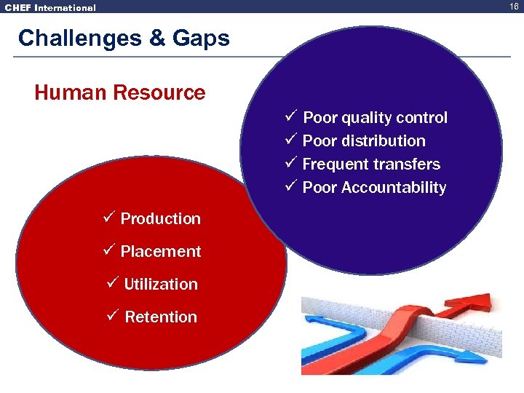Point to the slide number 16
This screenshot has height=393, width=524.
(514, 7)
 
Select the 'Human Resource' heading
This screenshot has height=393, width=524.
(120, 93)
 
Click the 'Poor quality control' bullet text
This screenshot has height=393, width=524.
(375, 118)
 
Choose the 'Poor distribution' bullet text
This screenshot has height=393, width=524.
(364, 141)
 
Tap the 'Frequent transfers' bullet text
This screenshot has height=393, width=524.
(371, 164)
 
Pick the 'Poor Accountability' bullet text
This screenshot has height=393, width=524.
(374, 188)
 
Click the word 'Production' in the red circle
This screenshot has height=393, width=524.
(160, 219)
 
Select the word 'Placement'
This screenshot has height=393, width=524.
(160, 252)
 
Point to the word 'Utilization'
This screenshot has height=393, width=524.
(161, 285)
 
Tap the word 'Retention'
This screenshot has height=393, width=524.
(161, 317)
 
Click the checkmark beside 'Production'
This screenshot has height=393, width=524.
(109, 218)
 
